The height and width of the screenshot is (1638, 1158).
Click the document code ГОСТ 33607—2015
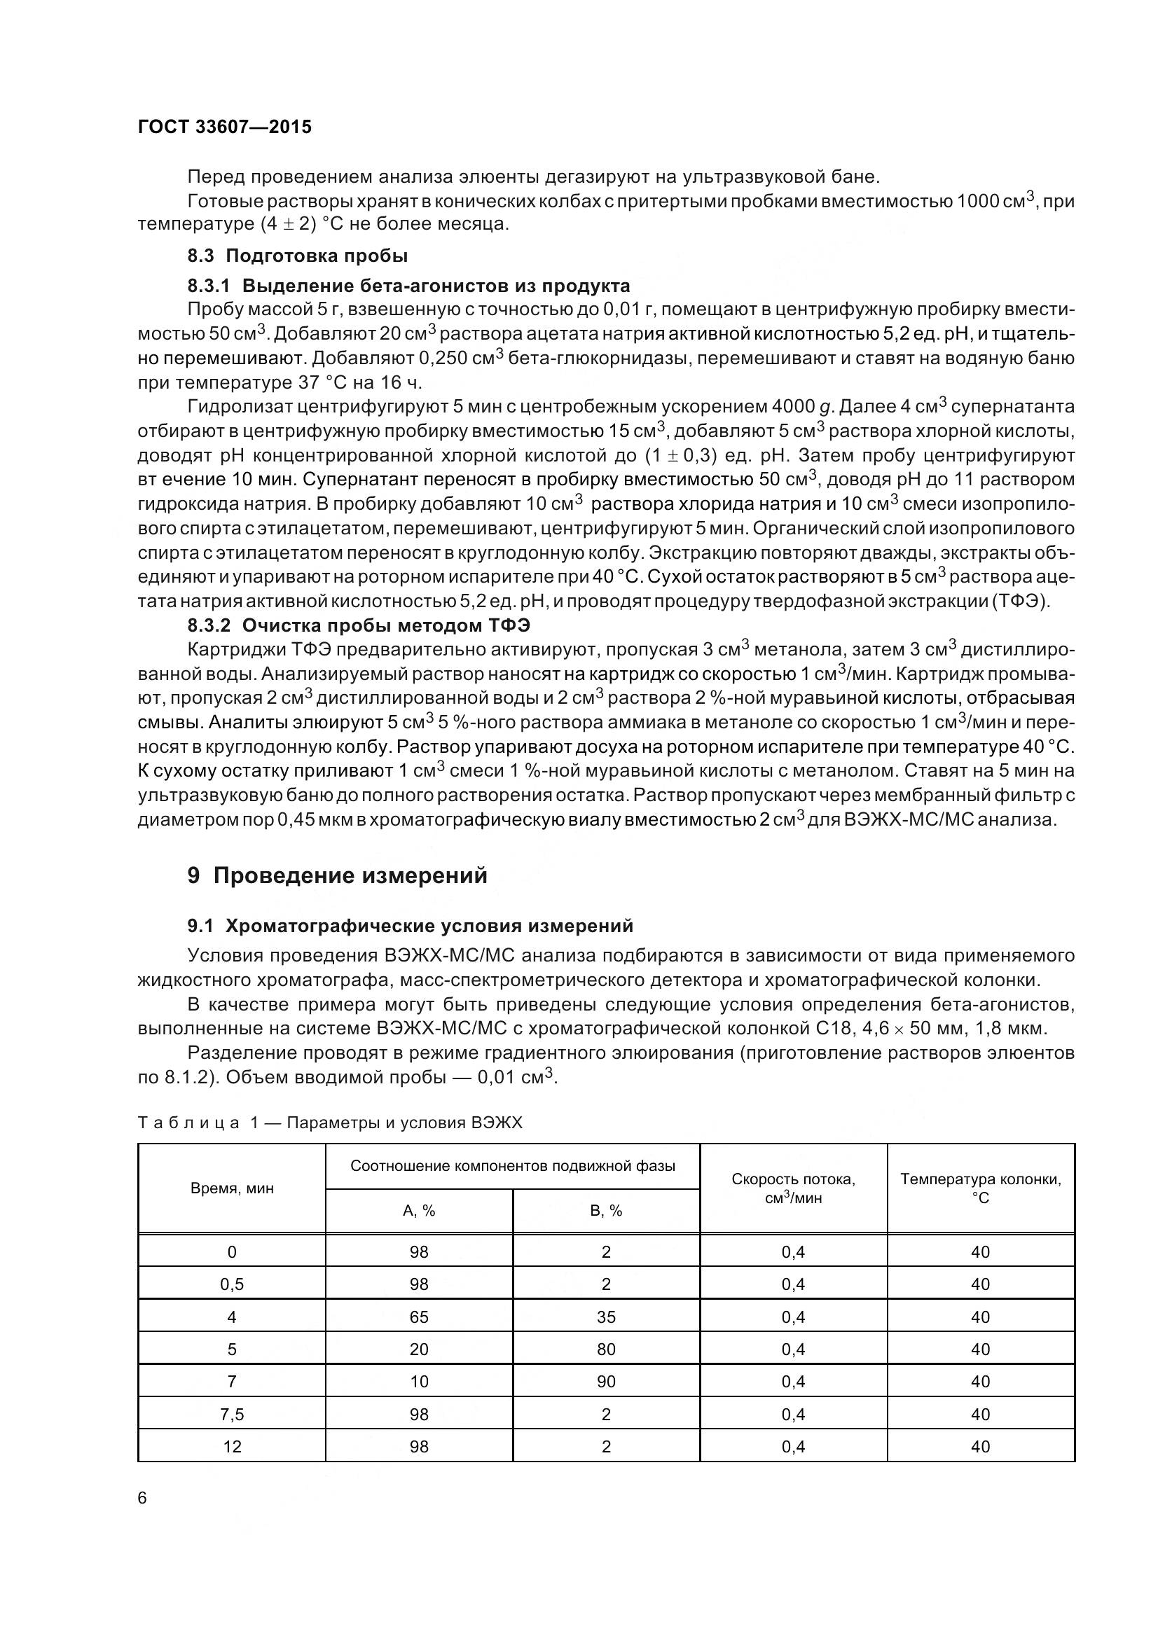(225, 127)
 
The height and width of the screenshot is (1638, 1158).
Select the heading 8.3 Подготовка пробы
(298, 256)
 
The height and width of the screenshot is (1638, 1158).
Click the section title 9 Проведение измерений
(337, 875)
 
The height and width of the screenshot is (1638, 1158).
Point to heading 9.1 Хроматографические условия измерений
(411, 926)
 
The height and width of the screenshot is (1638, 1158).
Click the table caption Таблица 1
(330, 1123)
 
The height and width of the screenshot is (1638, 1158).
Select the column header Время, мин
(232, 1188)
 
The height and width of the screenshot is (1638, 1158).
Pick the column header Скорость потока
(793, 1188)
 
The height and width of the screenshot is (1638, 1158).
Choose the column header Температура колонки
(980, 1188)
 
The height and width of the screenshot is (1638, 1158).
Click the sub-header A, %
(419, 1211)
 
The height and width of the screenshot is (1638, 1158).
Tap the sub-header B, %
(606, 1211)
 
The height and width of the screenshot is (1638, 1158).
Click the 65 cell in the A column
(419, 1317)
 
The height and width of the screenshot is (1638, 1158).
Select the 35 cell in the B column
(606, 1317)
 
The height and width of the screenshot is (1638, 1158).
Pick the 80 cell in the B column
(606, 1349)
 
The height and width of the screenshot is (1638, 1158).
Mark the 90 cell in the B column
(606, 1382)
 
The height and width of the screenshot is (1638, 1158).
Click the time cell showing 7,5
(232, 1414)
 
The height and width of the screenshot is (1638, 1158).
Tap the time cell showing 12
(232, 1447)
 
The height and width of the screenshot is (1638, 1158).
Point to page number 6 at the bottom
(142, 1498)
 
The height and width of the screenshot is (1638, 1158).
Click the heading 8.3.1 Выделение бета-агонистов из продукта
(408, 286)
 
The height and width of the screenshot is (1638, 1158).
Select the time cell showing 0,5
(232, 1284)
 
